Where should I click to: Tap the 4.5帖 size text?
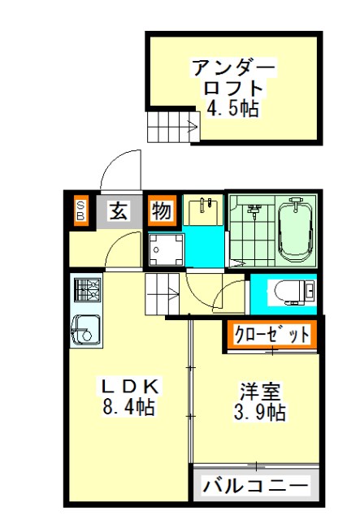tap(233, 107)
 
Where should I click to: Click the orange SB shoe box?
tap(81, 211)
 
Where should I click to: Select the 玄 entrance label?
tap(119, 210)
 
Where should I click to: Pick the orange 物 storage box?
tap(162, 210)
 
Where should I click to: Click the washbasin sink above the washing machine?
tap(202, 210)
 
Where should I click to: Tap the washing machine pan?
tap(167, 249)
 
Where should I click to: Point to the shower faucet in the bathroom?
tap(254, 210)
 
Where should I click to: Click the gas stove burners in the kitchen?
tap(88, 289)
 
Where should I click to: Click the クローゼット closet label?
tap(271, 335)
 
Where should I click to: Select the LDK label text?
tap(130, 386)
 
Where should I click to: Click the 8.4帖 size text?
tap(128, 406)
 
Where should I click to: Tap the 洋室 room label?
tap(260, 392)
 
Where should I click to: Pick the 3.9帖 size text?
tap(259, 412)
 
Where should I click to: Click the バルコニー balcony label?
tap(255, 486)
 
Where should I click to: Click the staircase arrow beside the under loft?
tap(193, 127)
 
